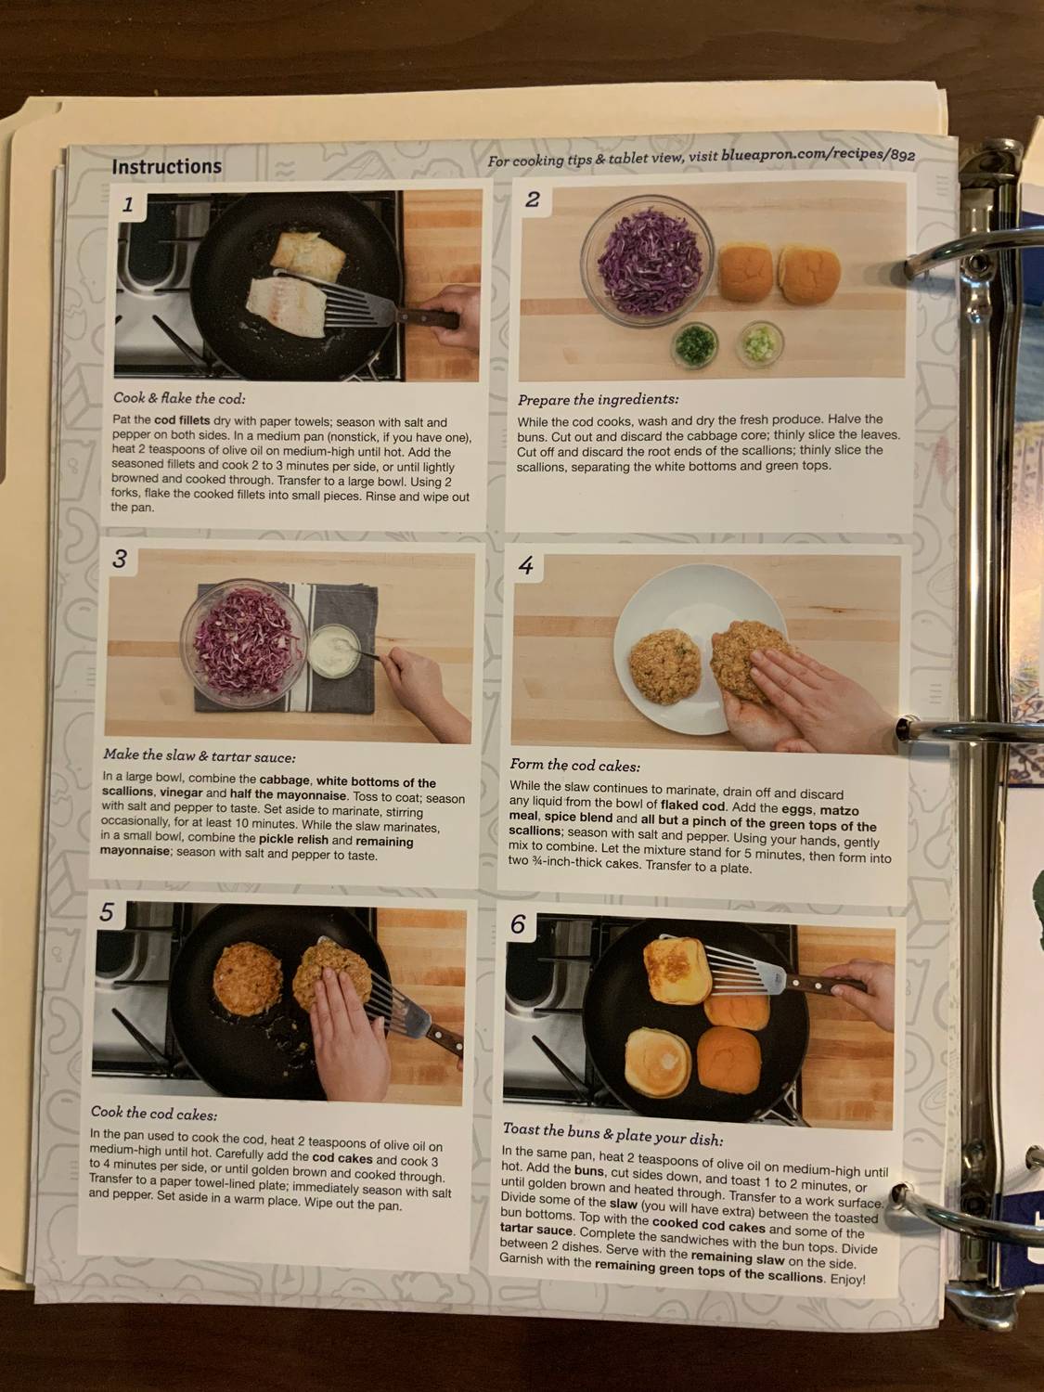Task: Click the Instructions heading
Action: point(166,167)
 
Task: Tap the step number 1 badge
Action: point(129,205)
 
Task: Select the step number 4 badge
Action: point(526,566)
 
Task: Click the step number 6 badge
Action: point(518,924)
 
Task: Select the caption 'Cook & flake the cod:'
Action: point(179,399)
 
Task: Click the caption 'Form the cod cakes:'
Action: point(574,766)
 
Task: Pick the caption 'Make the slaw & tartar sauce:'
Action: point(200,755)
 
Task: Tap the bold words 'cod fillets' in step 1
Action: point(182,420)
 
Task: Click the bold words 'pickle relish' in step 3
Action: point(293,839)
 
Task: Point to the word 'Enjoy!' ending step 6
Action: point(847,1280)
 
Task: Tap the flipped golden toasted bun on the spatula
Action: point(677,970)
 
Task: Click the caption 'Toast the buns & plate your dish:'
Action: point(612,1134)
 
